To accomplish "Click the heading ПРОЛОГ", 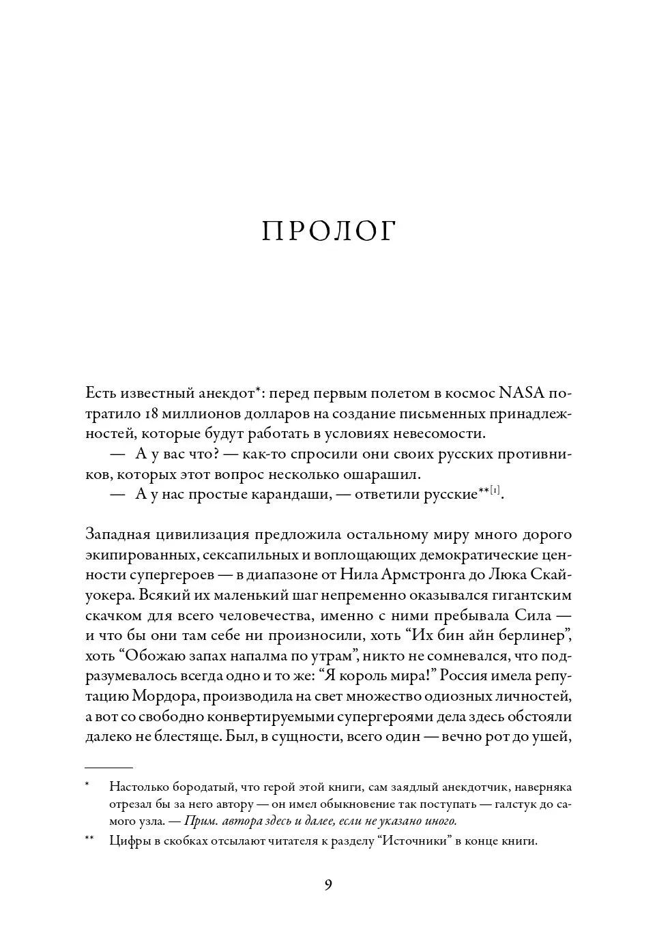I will (x=328, y=232).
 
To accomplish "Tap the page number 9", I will (x=328, y=886).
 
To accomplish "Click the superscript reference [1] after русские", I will (x=497, y=490).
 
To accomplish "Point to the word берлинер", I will (x=527, y=635).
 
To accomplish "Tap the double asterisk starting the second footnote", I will (x=89, y=840).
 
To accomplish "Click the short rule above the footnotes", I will (x=108, y=767).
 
